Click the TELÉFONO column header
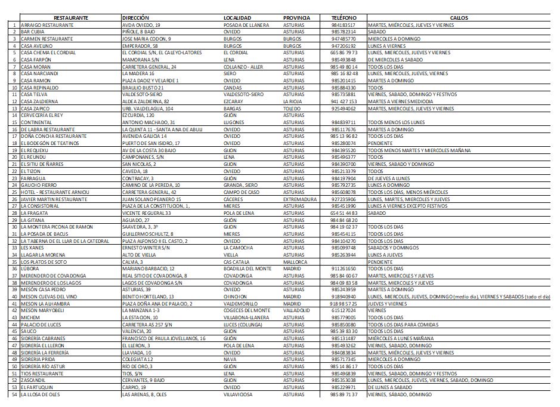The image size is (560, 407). click(x=344, y=18)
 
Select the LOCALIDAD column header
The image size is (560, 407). click(x=237, y=18)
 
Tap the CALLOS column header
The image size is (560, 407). click(x=459, y=18)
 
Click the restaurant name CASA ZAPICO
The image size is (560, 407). click(x=35, y=109)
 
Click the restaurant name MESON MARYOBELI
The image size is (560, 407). click(x=42, y=310)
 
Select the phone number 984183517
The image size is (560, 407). click(x=344, y=25)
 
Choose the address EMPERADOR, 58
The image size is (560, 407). click(x=140, y=45)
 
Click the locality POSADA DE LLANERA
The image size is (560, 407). click(x=246, y=25)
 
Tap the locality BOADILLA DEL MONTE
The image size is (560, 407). click(x=247, y=269)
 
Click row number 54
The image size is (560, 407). click(x=14, y=394)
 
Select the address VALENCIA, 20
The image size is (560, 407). click(x=138, y=331)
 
